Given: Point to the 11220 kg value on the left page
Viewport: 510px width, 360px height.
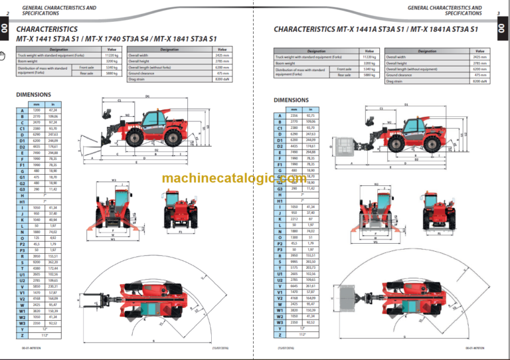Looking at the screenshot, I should pyautogui.click(x=112, y=55).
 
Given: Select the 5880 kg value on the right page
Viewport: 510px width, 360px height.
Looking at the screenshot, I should pyautogui.click(x=369, y=75).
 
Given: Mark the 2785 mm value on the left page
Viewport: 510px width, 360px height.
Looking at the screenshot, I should pyautogui.click(x=222, y=61).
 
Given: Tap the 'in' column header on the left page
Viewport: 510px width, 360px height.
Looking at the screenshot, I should pyautogui.click(x=52, y=104).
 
